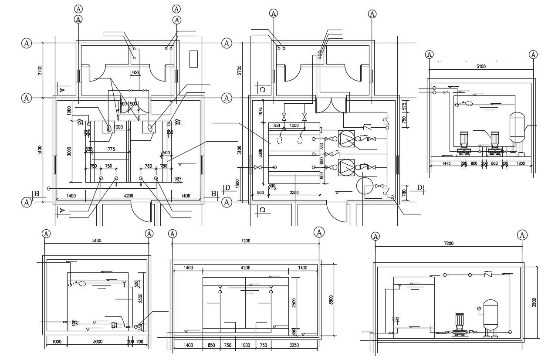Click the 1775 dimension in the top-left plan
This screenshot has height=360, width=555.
click(110, 149)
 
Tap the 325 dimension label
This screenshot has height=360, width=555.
click(89, 149)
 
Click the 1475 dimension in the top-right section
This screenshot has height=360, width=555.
click(446, 163)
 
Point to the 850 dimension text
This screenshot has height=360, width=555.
click(211, 345)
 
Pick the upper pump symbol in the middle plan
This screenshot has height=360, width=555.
click(347, 139)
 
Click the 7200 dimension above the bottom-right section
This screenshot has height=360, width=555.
click(448, 243)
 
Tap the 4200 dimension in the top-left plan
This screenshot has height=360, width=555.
click(129, 196)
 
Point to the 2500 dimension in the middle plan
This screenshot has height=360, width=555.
click(294, 192)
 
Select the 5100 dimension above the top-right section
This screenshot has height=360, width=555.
click(481, 66)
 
